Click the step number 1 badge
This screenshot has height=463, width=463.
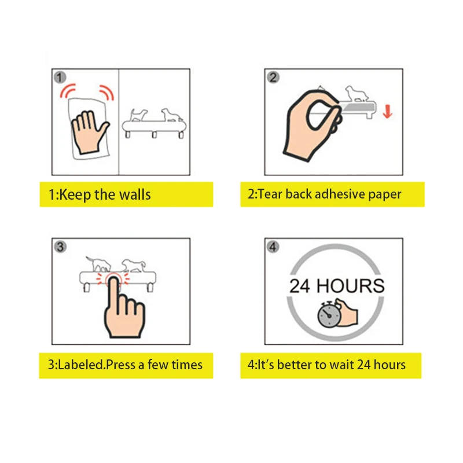coord(60,76)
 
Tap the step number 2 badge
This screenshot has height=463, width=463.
coord(273,76)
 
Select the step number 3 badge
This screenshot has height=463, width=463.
coord(60,246)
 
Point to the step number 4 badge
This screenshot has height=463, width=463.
coord(273,246)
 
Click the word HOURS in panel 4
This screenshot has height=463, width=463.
coord(351,285)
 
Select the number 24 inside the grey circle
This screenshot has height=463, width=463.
coord(300,285)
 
